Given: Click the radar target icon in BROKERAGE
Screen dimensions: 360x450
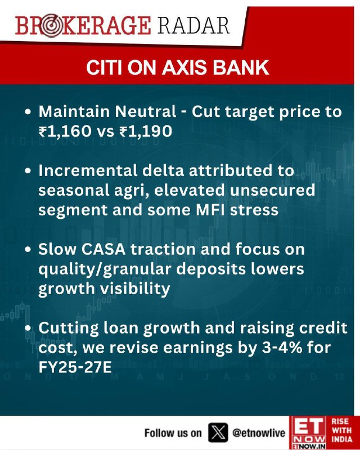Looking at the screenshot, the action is pyautogui.click(x=51, y=26).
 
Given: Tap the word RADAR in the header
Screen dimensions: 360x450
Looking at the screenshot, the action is pyautogui.click(x=193, y=25).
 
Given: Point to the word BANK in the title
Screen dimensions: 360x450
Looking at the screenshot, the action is pyautogui.click(x=241, y=67).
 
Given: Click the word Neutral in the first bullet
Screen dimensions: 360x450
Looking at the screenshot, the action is pyautogui.click(x=146, y=111).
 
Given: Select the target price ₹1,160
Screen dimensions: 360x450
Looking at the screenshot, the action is pyautogui.click(x=65, y=132).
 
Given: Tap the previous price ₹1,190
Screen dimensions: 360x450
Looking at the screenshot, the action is pyautogui.click(x=146, y=132).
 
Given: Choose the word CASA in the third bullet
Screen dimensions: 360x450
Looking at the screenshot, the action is pyautogui.click(x=103, y=249).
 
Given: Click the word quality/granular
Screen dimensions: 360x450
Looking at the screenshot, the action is pyautogui.click(x=105, y=270).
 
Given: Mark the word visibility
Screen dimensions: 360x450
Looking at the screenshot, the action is pyautogui.click(x=135, y=289).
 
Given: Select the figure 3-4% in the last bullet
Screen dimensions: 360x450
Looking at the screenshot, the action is pyautogui.click(x=282, y=348).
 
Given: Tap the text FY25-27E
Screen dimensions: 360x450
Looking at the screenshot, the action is pyautogui.click(x=75, y=367).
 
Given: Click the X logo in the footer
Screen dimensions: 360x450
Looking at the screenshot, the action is pyautogui.click(x=218, y=432).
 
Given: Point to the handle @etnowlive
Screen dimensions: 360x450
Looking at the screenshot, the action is pyautogui.click(x=258, y=433).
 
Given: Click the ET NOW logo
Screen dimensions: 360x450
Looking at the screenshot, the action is pyautogui.click(x=308, y=433).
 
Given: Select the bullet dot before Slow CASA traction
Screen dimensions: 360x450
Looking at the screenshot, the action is pyautogui.click(x=28, y=249).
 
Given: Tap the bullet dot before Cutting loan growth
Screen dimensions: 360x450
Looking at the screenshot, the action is pyautogui.click(x=28, y=328).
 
